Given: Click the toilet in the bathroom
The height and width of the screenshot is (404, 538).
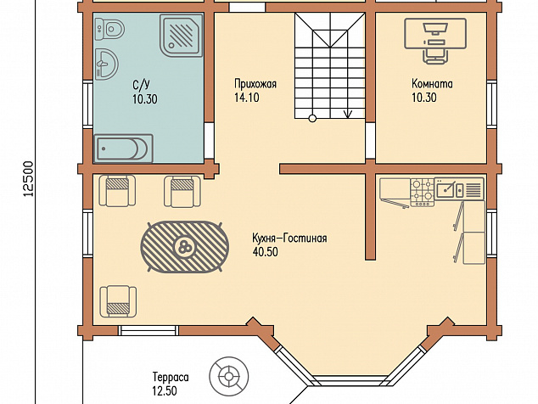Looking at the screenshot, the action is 109,29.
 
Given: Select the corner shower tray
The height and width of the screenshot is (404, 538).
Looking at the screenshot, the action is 181,36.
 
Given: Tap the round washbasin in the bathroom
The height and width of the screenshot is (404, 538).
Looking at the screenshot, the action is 106,65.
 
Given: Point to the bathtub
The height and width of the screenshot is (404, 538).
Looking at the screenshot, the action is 123,149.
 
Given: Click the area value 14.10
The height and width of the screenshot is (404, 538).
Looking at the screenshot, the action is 247,98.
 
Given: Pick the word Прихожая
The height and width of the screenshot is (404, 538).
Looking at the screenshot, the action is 255,84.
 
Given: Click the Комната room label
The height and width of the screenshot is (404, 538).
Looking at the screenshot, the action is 432,84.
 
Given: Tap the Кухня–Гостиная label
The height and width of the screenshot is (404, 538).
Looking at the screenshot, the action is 289,238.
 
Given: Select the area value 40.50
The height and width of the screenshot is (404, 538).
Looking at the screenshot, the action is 266,252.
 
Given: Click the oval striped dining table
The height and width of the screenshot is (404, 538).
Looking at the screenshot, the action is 185,246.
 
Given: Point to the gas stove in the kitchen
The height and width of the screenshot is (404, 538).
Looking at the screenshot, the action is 423,192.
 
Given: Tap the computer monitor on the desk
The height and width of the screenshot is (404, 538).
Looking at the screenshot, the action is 435,28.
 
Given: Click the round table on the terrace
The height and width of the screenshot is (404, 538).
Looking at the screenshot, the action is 229,376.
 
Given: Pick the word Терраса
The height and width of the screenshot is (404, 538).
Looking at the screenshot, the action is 171,377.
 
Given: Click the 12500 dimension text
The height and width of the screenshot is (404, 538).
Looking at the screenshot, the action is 29,179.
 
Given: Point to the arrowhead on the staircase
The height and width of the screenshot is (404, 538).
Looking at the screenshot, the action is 348,114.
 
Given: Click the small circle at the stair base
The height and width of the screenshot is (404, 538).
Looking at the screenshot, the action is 312,119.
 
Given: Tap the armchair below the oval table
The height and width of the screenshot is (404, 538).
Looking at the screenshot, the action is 118,301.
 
